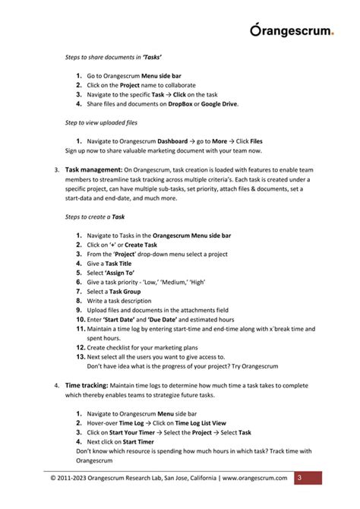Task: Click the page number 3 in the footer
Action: (x=298, y=478)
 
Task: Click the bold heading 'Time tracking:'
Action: (x=87, y=385)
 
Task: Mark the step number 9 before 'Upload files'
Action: (x=79, y=310)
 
